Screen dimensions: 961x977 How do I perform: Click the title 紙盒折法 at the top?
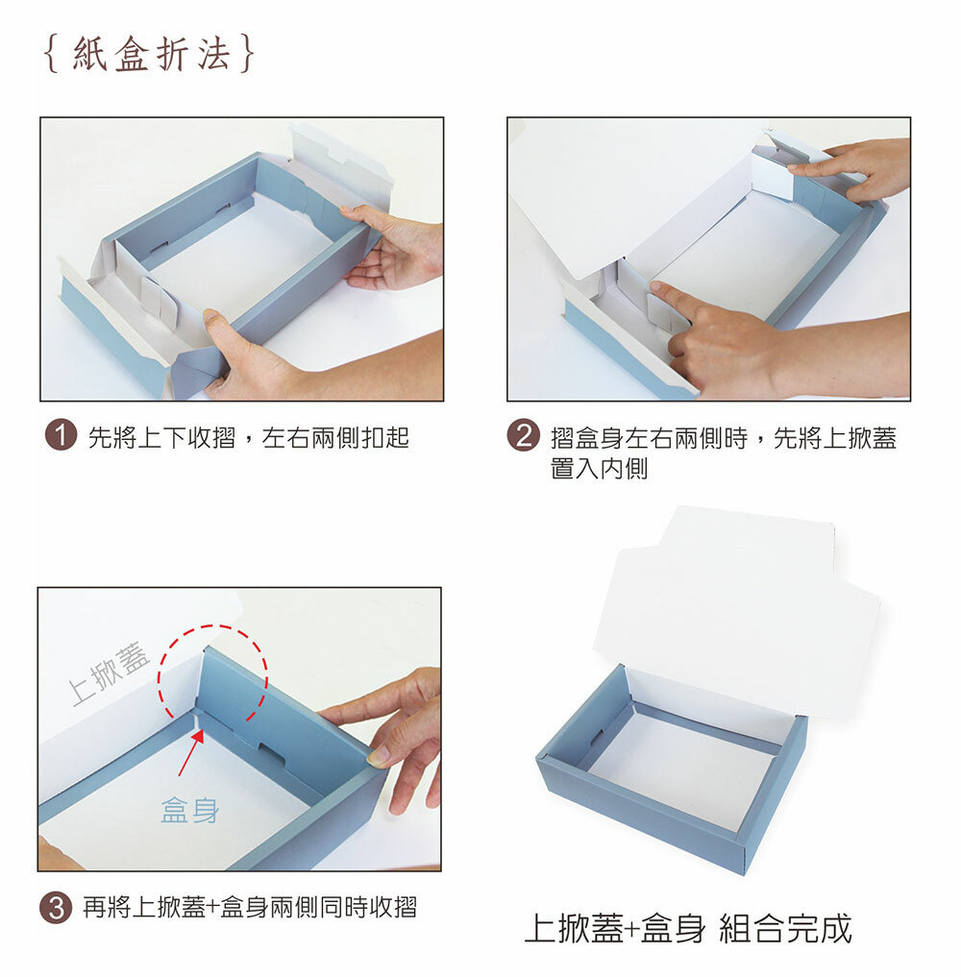pos(150,54)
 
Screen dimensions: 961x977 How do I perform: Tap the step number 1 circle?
pos(61,435)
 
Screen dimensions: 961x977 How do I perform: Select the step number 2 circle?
pos(523,435)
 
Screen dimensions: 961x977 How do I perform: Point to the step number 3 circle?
pos(56,907)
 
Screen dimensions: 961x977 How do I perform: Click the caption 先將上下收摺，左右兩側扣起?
pos(248,437)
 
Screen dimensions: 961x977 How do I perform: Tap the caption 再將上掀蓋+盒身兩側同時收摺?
pos(249,907)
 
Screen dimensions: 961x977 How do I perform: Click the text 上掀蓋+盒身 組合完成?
pos(688,928)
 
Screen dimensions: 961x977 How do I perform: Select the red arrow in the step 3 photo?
pos(190,753)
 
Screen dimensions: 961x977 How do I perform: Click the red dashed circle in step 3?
pos(211,625)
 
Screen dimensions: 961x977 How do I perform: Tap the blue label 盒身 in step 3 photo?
pos(190,810)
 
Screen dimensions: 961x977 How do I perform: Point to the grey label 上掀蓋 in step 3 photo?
pos(110,672)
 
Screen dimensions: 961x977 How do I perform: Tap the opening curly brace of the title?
pos(52,54)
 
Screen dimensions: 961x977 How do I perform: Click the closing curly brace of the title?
pos(247,54)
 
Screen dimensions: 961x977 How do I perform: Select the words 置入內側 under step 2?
pos(599,468)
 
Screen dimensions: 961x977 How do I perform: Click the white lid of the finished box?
pos(735,611)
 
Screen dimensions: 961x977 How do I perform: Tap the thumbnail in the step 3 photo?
pos(377,758)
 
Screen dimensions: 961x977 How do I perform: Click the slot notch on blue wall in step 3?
pos(272,753)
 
